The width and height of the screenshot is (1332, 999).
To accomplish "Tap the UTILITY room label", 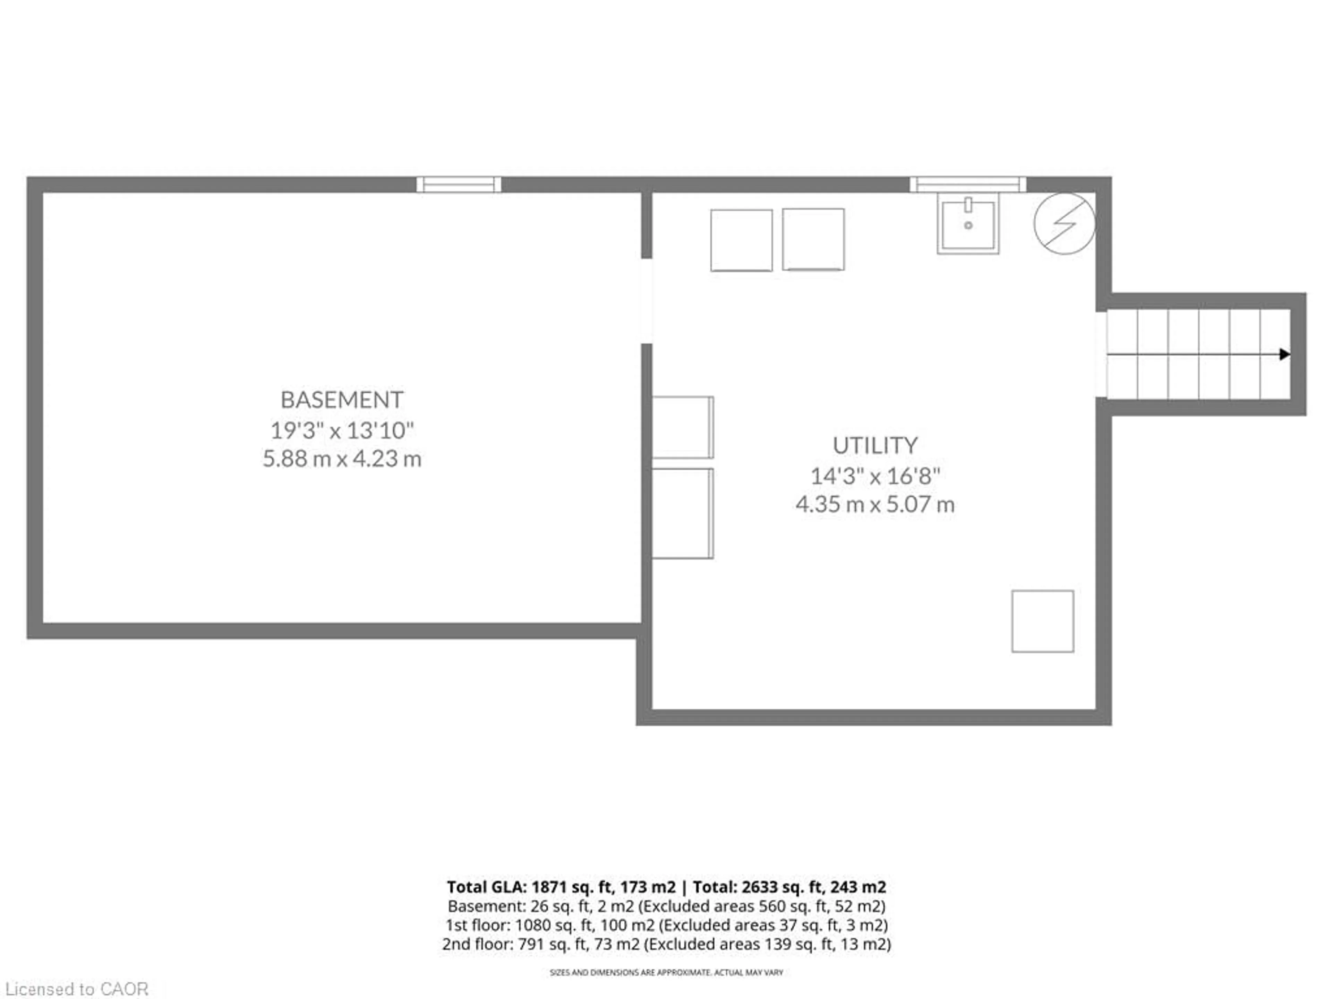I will pos(874,446).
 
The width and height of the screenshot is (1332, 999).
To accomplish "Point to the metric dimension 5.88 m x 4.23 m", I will pos(341,459).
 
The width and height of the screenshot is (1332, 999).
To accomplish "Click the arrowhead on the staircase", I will pos(1284,354).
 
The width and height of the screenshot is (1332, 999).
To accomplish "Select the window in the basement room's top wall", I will pos(458,184).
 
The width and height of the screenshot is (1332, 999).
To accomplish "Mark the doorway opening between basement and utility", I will pos(646,301).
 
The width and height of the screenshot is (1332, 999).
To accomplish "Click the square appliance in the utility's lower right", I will pos(1042,621).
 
